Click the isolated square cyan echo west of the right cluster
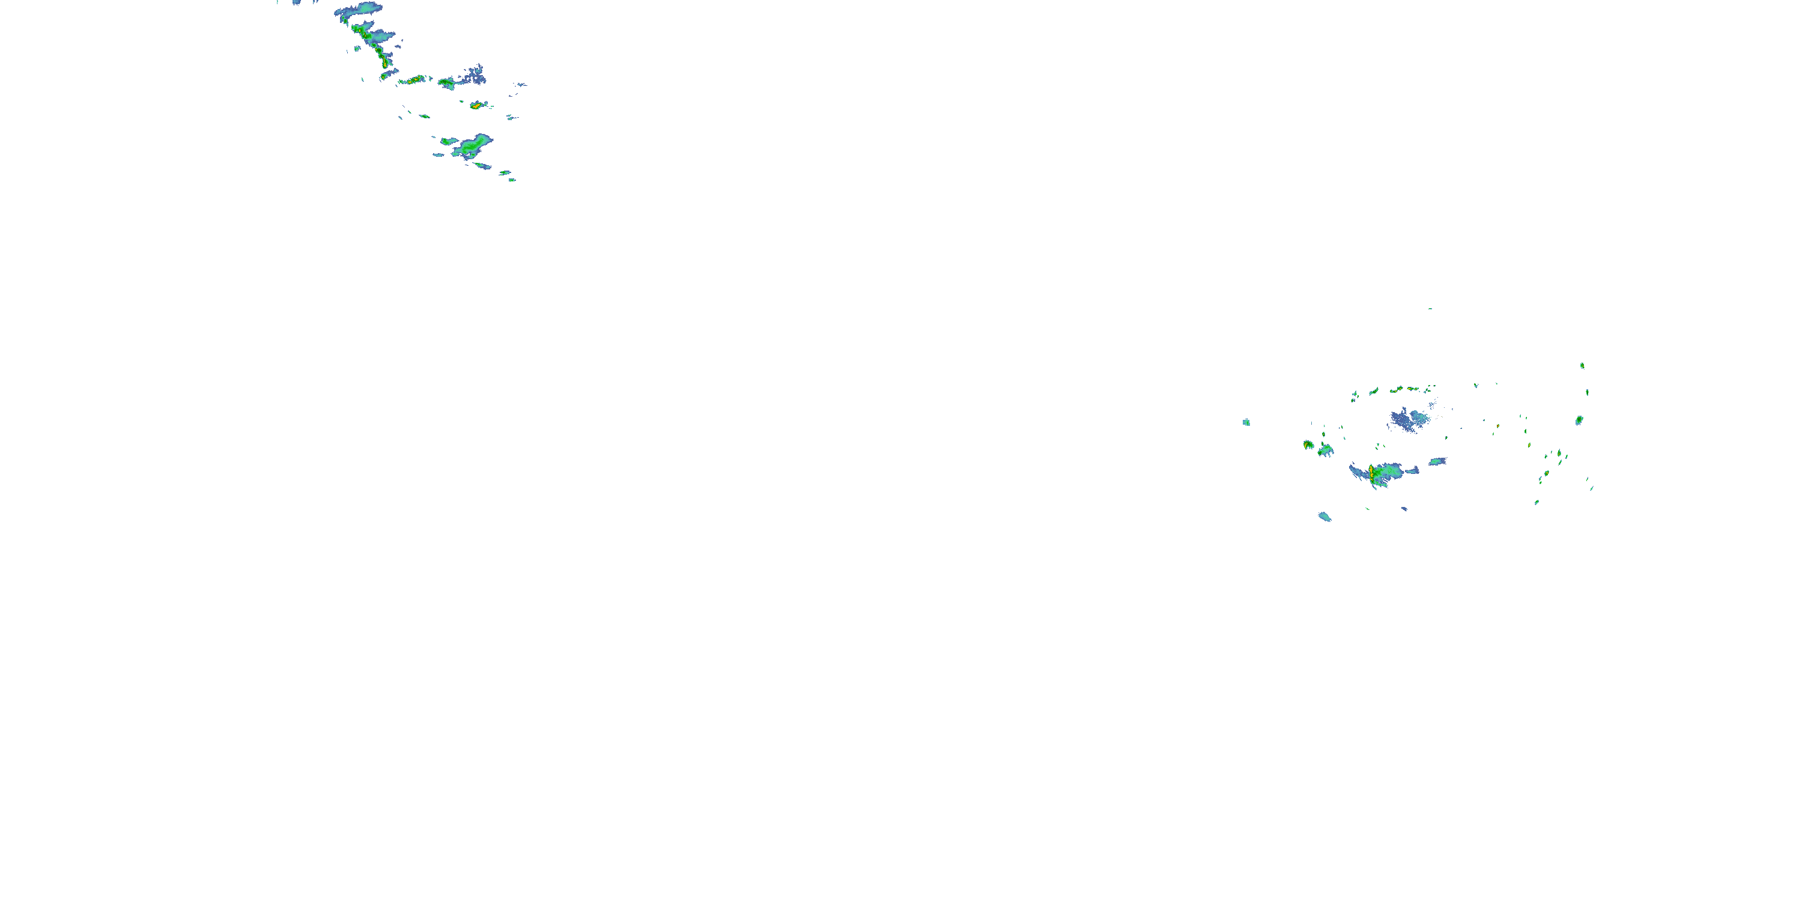(1246, 422)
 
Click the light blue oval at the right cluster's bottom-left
(1324, 517)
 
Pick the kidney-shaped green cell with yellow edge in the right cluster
(1308, 445)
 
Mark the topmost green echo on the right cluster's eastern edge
(1582, 365)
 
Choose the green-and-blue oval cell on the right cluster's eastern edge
(1579, 420)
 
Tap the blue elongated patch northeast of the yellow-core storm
(1437, 462)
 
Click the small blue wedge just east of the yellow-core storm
(1412, 470)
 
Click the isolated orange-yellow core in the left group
(476, 106)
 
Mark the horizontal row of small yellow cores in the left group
(413, 80)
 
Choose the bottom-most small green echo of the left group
(512, 180)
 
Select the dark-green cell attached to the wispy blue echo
(446, 83)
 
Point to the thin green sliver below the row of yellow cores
(424, 116)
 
